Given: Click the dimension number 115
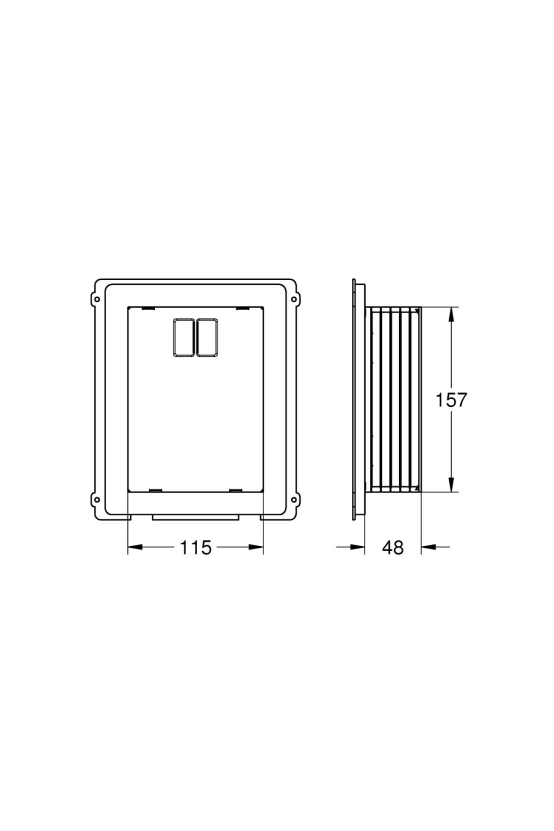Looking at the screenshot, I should click(195, 548).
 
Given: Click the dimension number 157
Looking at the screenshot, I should click(452, 400).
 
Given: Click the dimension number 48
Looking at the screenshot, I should click(392, 548).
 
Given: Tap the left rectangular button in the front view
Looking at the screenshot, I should click(184, 337).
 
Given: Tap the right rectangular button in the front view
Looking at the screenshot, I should click(207, 337).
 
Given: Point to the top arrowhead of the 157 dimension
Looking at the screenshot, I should click(451, 314).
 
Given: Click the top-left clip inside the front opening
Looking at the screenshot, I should click(148, 308).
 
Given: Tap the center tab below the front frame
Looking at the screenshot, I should click(196, 518).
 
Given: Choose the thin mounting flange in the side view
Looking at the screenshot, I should click(355, 400).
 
